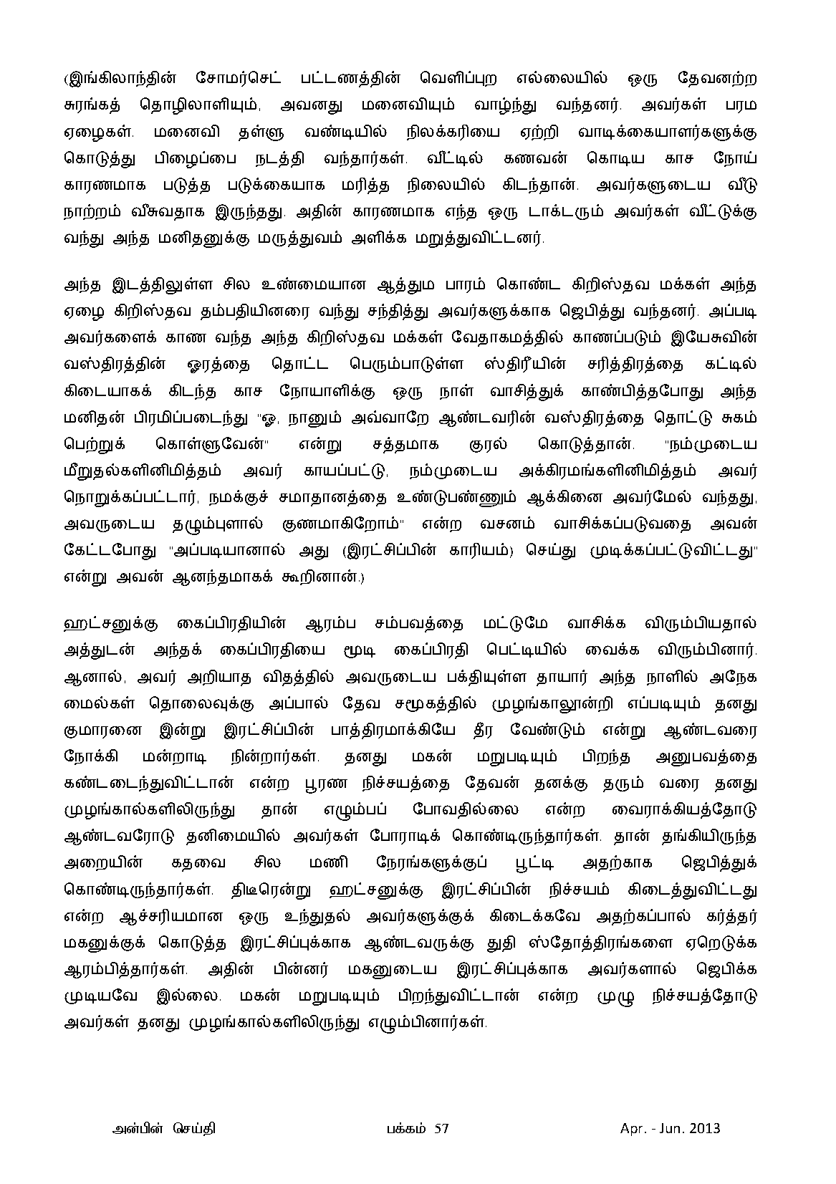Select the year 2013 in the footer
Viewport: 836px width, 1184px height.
704,1130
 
